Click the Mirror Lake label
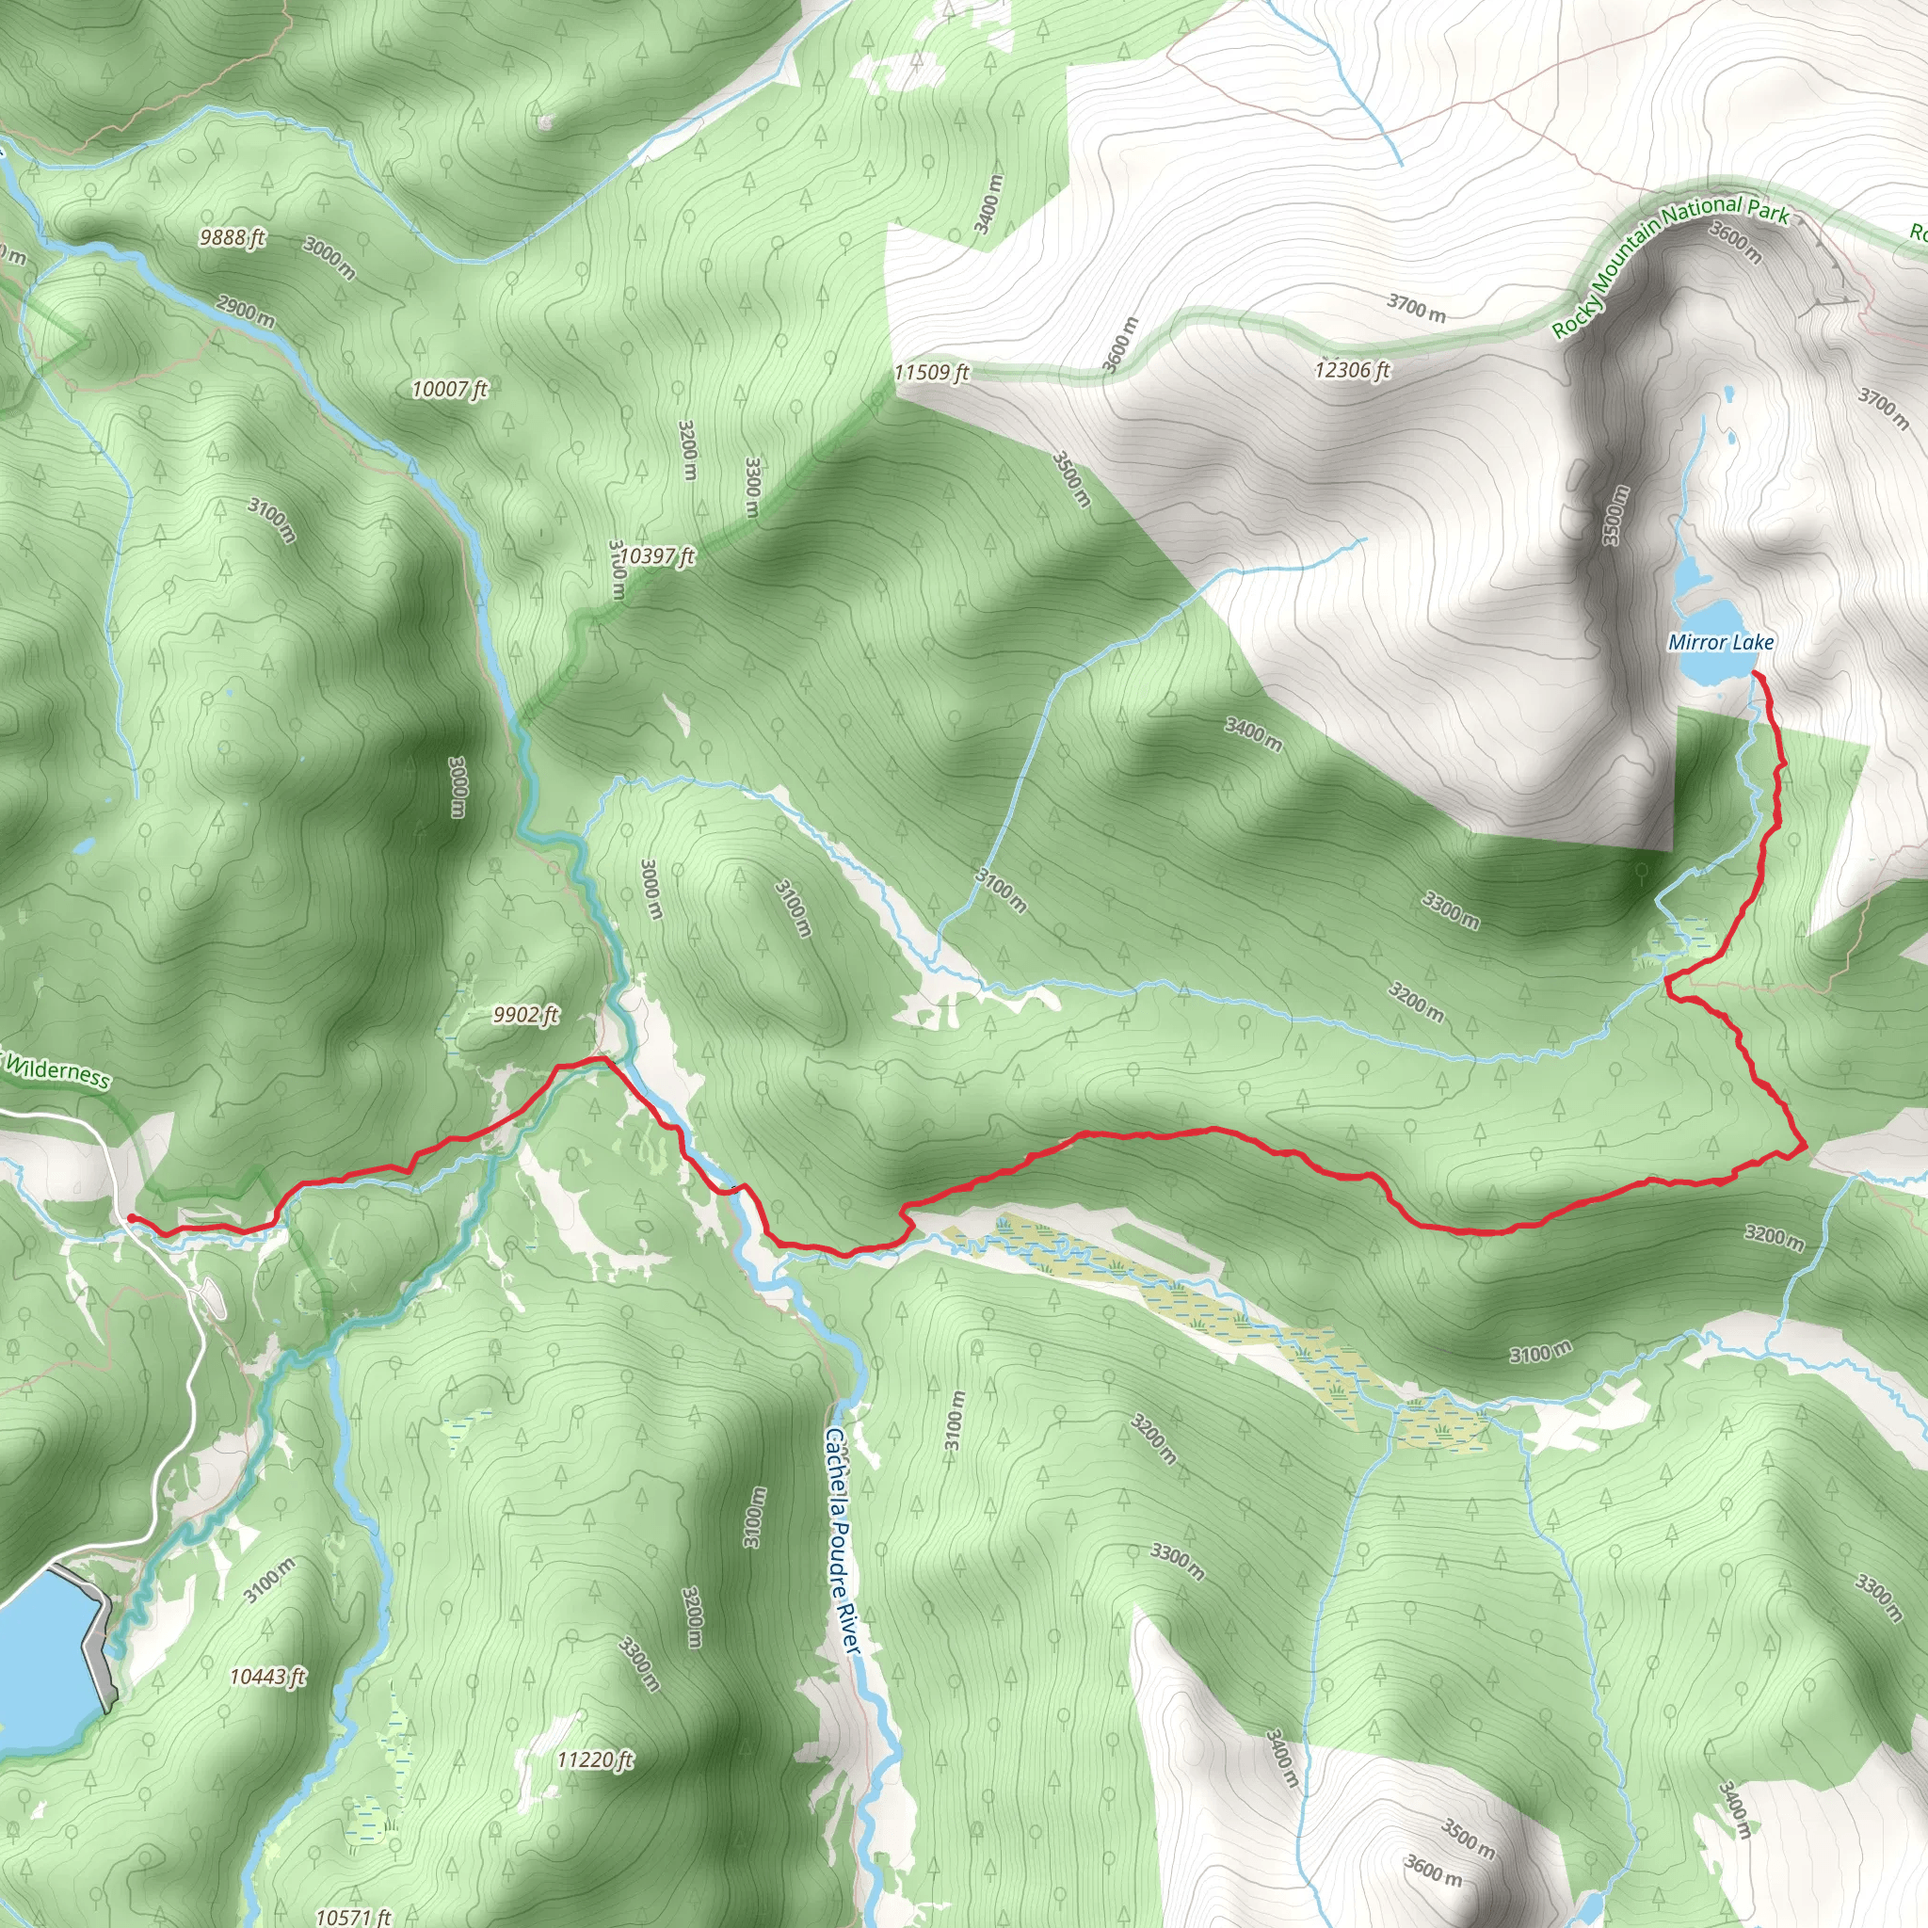1721,642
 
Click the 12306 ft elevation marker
1352,371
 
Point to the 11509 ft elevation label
931,373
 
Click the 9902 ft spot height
526,1016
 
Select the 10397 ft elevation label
655,555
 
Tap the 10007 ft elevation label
449,389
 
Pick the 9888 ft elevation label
232,237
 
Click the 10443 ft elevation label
267,1677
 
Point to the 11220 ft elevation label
595,1759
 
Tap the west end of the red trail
130,1217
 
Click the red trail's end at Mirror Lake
1756,677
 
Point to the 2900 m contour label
246,312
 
